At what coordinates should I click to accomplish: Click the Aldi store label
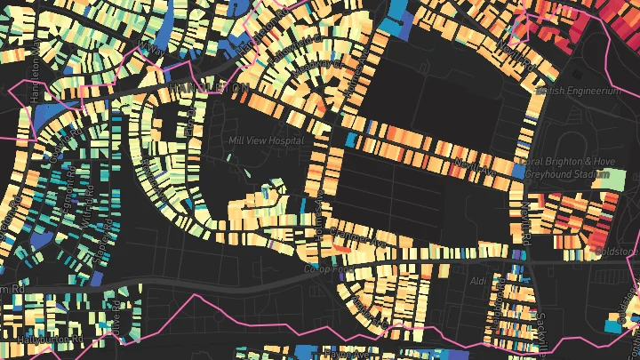point(480,281)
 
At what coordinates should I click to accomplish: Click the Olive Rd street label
point(116,320)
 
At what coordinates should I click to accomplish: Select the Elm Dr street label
point(188,125)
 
